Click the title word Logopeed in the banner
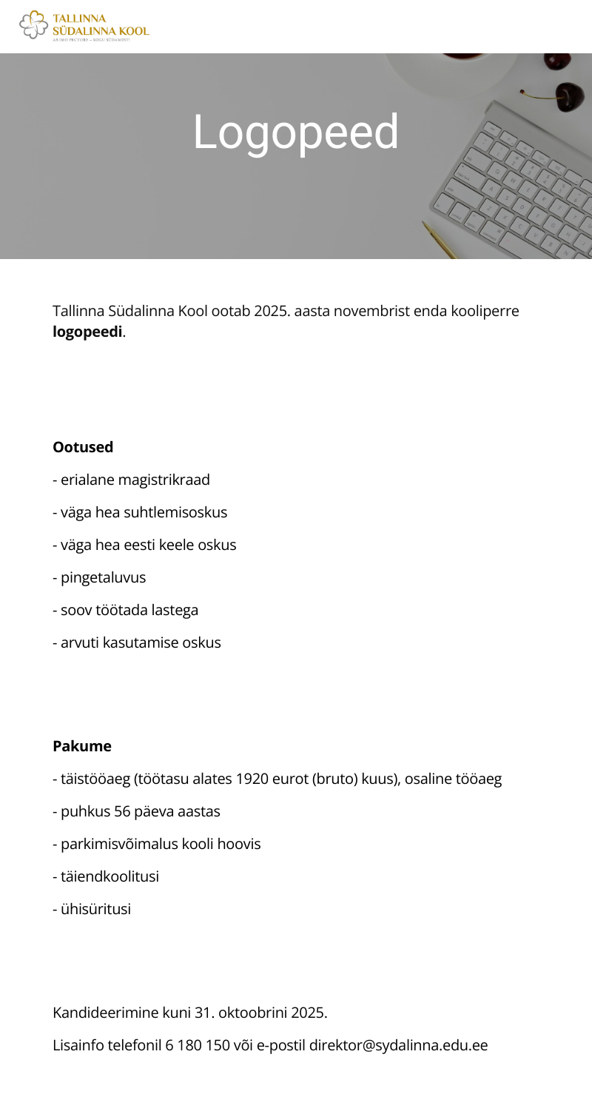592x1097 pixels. tap(296, 132)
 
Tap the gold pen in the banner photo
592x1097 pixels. tap(440, 240)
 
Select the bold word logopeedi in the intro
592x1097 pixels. tap(87, 332)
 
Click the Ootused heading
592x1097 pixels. tap(83, 447)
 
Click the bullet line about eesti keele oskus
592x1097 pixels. tap(144, 545)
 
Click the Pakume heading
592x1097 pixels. tap(82, 746)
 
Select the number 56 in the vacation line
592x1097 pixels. tap(122, 811)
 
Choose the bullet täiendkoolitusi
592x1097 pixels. tap(106, 876)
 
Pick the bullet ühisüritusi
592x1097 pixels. tap(92, 909)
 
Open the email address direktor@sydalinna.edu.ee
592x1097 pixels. tap(398, 1045)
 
